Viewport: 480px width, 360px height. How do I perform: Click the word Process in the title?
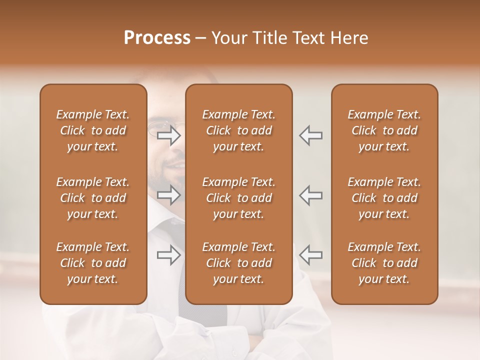[x=157, y=38]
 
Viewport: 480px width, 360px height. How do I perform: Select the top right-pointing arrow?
[x=169, y=135]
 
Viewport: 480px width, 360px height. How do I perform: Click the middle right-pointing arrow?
[x=169, y=195]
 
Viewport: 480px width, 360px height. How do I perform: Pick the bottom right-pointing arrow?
[x=169, y=255]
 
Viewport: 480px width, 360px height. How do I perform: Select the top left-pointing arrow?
[x=310, y=135]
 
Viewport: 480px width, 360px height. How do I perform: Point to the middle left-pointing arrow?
[x=310, y=195]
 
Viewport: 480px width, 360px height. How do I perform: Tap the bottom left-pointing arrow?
[x=310, y=255]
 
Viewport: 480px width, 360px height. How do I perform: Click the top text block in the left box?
[x=93, y=130]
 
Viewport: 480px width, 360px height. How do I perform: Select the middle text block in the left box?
[x=93, y=198]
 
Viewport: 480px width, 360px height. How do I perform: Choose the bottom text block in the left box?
[x=93, y=263]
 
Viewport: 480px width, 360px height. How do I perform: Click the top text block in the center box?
[x=239, y=130]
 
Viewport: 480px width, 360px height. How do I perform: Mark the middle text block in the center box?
[x=239, y=198]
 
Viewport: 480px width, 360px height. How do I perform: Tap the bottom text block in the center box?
[x=239, y=263]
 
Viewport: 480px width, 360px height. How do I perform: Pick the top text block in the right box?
[x=384, y=130]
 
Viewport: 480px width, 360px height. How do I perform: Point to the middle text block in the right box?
[x=384, y=198]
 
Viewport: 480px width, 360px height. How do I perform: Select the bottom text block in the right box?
[x=384, y=263]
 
